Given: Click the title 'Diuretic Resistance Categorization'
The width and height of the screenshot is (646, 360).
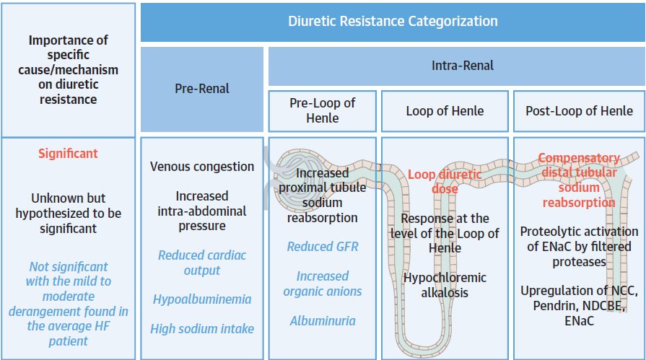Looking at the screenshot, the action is [393, 21].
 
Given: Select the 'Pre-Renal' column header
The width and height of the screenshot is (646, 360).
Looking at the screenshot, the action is [202, 89].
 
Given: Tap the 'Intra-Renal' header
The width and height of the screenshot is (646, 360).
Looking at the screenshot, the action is [462, 66].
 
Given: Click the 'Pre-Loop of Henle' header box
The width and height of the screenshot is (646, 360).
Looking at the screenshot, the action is [322, 111].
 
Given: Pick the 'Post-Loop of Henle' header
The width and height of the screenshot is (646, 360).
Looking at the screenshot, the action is [579, 111].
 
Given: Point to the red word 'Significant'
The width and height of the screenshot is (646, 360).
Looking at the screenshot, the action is [68, 154].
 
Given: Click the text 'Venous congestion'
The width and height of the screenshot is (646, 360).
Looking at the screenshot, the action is [202, 167].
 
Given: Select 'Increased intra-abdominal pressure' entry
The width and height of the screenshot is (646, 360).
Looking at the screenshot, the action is [202, 211].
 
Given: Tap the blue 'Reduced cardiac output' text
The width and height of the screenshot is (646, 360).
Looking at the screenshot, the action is [202, 263].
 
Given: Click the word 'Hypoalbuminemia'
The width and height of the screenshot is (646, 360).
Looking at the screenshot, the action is [202, 299].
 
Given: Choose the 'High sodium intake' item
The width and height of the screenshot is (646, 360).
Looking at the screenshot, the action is [202, 329].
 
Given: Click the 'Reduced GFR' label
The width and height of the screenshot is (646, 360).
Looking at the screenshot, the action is [323, 246].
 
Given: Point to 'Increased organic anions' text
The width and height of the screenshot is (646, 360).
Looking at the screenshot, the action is [323, 284].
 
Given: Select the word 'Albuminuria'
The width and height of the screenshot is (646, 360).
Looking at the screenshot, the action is [323, 321].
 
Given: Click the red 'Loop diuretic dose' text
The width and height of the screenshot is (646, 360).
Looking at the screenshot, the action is [445, 182].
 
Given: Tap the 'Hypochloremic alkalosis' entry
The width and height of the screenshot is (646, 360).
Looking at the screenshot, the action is [445, 285].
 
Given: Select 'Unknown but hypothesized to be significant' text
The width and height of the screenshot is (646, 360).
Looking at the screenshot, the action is [68, 214].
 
